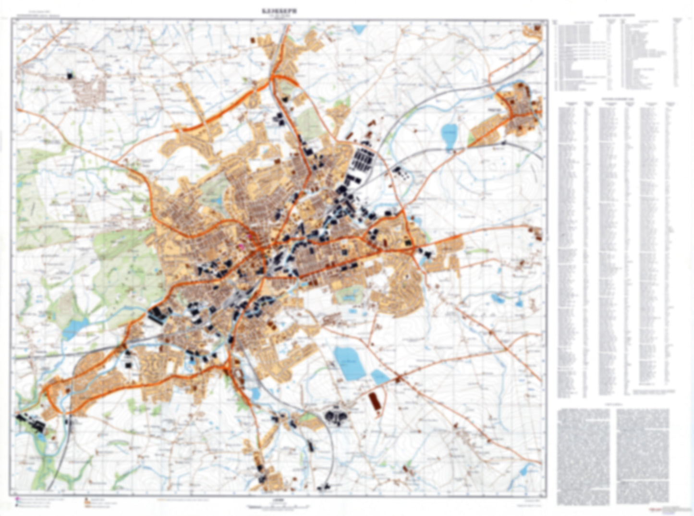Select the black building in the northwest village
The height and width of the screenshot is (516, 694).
pyautogui.click(x=71, y=75)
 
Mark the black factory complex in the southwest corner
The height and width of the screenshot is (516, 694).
pyautogui.click(x=30, y=422)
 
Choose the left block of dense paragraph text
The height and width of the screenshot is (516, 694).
pyautogui.click(x=583, y=456)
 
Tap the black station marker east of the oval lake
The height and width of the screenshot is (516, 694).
pyautogui.click(x=503, y=143)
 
